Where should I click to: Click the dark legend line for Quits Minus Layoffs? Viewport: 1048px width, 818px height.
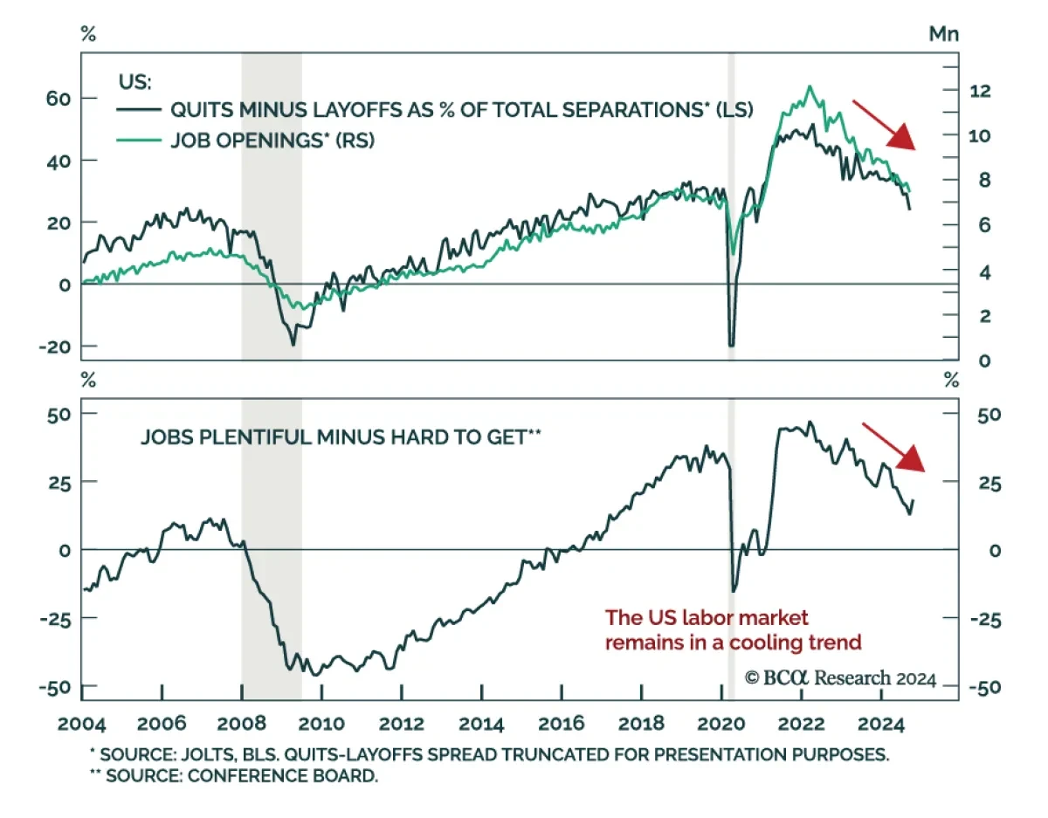tap(139, 109)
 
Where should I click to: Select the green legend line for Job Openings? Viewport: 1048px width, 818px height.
tap(139, 140)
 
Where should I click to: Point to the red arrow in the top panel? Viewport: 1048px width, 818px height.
tap(885, 125)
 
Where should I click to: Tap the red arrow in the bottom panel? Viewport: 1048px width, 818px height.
tap(894, 447)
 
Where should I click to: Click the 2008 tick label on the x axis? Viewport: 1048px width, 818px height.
tap(242, 723)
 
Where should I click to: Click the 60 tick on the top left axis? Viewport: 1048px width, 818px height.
tap(58, 98)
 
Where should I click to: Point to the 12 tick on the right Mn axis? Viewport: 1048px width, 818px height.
tap(982, 90)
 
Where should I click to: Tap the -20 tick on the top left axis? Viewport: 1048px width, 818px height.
tap(54, 347)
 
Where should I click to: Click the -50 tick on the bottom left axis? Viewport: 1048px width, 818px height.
tap(54, 687)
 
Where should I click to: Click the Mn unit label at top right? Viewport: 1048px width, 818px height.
tap(943, 34)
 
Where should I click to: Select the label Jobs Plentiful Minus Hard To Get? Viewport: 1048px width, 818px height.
tap(341, 436)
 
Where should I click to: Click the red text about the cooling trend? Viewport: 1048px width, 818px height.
tap(734, 630)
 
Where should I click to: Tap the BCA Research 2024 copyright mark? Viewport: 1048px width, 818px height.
tap(839, 678)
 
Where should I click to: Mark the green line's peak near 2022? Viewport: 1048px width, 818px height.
tap(810, 86)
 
